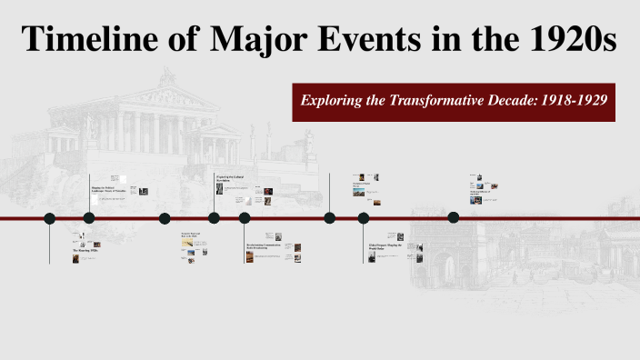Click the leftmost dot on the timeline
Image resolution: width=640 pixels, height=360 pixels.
[x=50, y=217]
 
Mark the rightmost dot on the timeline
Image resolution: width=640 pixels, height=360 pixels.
[x=454, y=217]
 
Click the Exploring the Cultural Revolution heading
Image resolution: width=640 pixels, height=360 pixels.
[x=229, y=178]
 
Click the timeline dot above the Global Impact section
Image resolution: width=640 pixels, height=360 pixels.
[x=364, y=217]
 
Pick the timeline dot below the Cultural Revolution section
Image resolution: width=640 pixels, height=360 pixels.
[x=214, y=217]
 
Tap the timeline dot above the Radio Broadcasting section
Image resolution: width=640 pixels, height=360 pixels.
[x=245, y=217]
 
